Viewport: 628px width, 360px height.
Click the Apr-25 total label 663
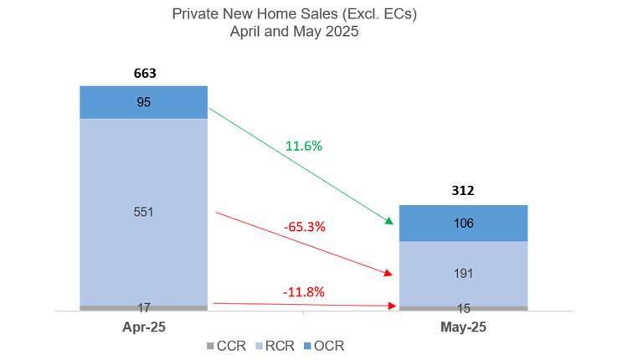[x=145, y=73]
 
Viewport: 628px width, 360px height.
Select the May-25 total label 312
[x=463, y=191]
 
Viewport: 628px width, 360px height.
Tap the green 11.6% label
[x=304, y=146]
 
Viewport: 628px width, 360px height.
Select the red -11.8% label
[x=303, y=292]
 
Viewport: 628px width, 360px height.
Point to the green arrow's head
[x=389, y=221]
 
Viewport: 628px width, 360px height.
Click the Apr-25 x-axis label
[x=143, y=327]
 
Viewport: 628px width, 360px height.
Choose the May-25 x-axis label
[x=463, y=327]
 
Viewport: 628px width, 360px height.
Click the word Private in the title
[x=193, y=14]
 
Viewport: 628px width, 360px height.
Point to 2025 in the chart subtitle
[x=343, y=32]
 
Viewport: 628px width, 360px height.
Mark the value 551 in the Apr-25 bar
[x=145, y=211]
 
